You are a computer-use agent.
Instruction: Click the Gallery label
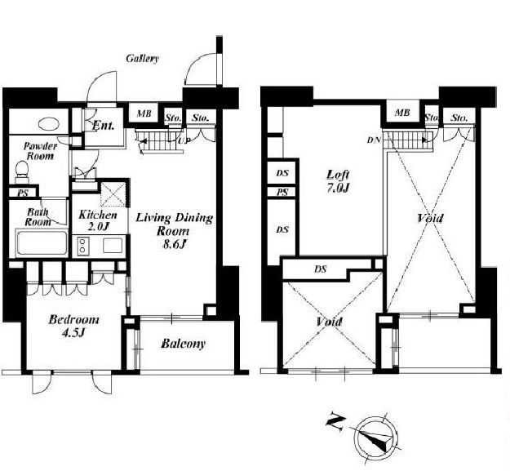click(x=143, y=59)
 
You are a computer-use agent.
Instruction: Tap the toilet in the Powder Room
click(x=22, y=171)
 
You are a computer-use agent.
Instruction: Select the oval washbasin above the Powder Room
click(x=48, y=123)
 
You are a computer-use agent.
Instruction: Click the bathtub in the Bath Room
click(x=42, y=242)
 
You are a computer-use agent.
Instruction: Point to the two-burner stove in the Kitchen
click(x=82, y=245)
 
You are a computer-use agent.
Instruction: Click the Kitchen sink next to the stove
click(x=113, y=245)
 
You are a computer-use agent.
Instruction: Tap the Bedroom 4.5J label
click(x=73, y=325)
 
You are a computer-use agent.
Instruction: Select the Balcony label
click(x=183, y=344)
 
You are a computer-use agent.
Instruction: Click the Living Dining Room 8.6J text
click(x=174, y=231)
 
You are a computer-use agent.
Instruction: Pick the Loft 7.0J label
click(x=339, y=180)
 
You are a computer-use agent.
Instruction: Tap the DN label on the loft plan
click(x=374, y=140)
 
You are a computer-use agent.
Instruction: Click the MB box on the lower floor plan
click(x=144, y=113)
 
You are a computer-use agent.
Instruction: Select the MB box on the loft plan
click(x=402, y=113)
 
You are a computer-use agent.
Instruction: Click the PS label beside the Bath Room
click(x=23, y=193)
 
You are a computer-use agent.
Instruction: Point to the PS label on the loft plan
click(x=282, y=193)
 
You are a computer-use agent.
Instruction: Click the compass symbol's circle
click(x=376, y=437)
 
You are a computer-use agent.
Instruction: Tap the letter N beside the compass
click(x=335, y=422)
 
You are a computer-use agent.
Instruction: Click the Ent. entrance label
click(x=103, y=125)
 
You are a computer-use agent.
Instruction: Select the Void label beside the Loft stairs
click(x=430, y=218)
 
